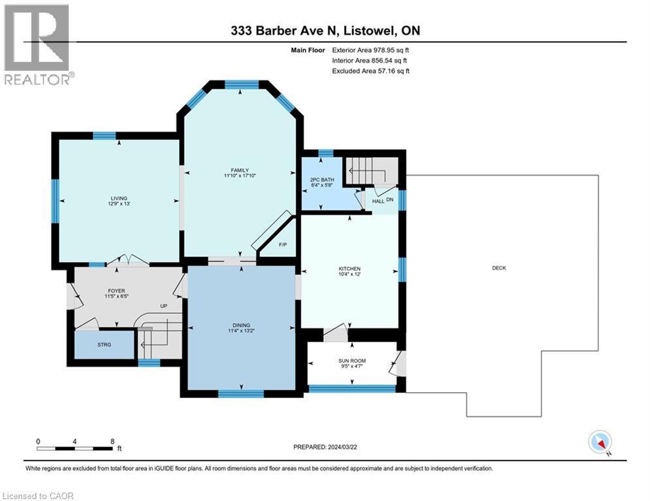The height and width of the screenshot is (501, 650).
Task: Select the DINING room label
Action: [x=241, y=325]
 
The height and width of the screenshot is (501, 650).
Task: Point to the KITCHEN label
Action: [x=349, y=269]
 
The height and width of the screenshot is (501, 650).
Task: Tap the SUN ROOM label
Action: [x=352, y=360]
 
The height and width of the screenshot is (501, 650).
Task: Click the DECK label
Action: [x=500, y=268]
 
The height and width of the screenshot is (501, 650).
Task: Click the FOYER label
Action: [x=116, y=291]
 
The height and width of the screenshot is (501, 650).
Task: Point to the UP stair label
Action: [x=165, y=306]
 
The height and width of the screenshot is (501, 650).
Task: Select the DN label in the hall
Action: [x=390, y=200]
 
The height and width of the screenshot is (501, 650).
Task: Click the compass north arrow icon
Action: [x=599, y=443]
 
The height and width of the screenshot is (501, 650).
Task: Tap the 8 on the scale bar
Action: [x=112, y=441]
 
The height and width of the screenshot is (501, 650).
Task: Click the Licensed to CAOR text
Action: [x=39, y=496]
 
